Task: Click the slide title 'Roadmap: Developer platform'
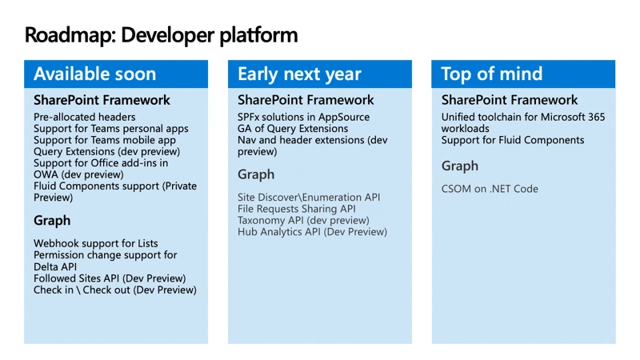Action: pyautogui.click(x=161, y=35)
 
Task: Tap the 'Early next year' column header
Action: pyautogui.click(x=299, y=74)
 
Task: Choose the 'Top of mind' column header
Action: pyautogui.click(x=492, y=74)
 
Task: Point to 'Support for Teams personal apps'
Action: pyautogui.click(x=111, y=128)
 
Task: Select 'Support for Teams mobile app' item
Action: pyautogui.click(x=105, y=140)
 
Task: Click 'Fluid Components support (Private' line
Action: pyautogui.click(x=115, y=186)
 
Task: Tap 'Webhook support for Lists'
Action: pyautogui.click(x=96, y=243)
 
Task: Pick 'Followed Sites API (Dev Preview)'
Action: pyautogui.click(x=110, y=278)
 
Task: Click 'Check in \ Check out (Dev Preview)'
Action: pyautogui.click(x=115, y=290)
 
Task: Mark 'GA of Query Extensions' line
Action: pyautogui.click(x=293, y=128)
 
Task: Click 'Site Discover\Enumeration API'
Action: pyautogui.click(x=309, y=197)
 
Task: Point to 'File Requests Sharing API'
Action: pyautogui.click(x=297, y=209)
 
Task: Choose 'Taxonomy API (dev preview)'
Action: pyautogui.click(x=302, y=220)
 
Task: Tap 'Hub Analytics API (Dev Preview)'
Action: pyautogui.click(x=312, y=232)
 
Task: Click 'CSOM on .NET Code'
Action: pyautogui.click(x=490, y=189)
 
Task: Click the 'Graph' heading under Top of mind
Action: pyautogui.click(x=460, y=166)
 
